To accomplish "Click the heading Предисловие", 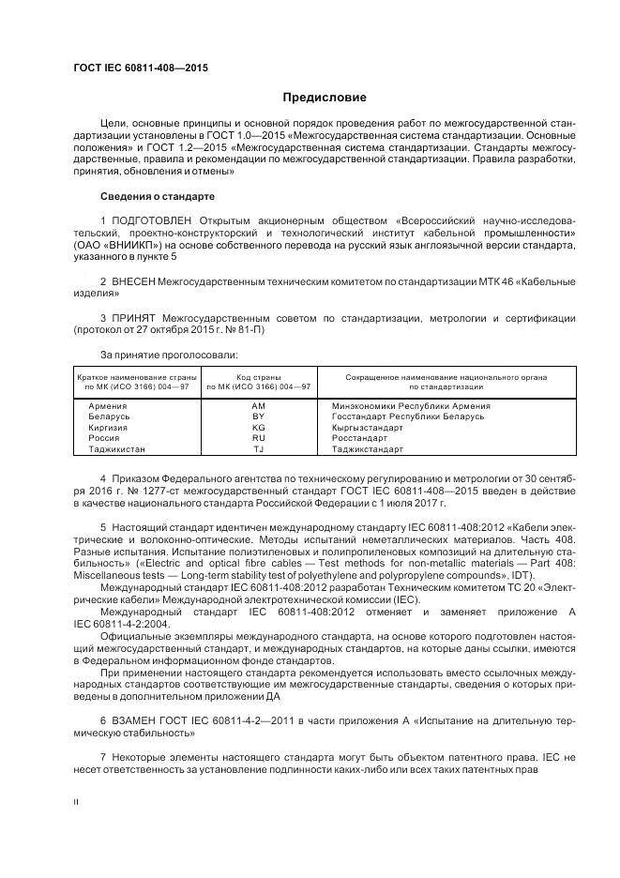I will (325, 98).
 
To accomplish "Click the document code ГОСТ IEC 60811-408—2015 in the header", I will (140, 68).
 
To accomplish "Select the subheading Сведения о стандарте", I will (158, 197).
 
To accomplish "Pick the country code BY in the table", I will (259, 416).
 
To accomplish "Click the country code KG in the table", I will (259, 427).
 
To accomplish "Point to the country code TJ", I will (259, 449).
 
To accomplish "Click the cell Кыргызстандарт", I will (367, 427).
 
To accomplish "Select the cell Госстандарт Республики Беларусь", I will (407, 416).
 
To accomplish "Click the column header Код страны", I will (259, 376).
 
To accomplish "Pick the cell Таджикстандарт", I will (366, 449).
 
